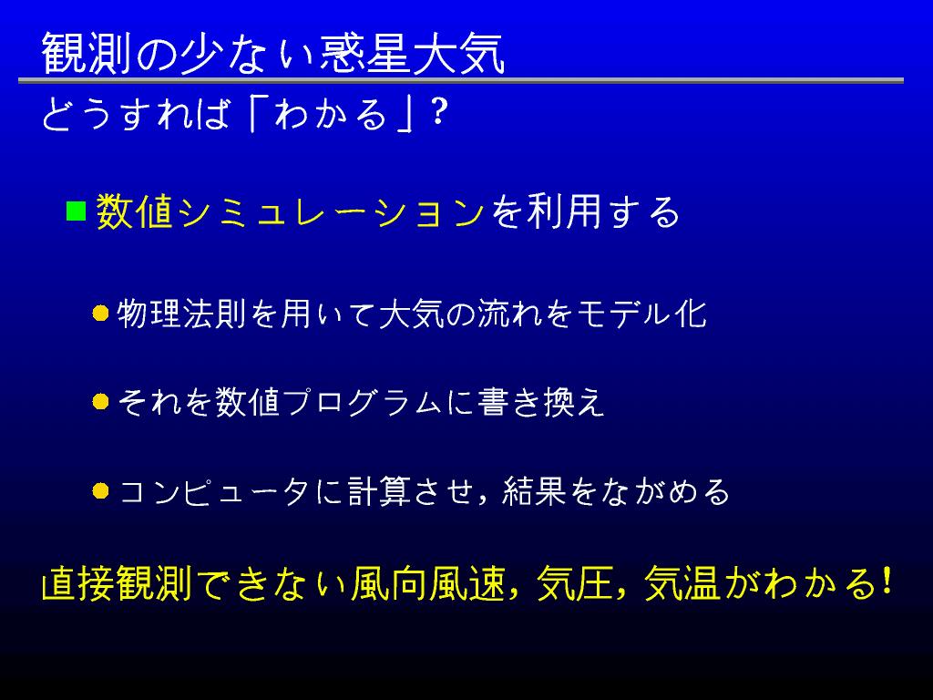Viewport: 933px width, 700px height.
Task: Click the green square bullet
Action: (77, 211)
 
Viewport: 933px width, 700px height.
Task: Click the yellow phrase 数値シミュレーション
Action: (291, 211)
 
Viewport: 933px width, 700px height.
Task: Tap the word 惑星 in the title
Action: (364, 54)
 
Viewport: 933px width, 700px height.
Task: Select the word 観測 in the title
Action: (87, 54)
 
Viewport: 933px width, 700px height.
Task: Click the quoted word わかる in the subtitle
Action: (331, 113)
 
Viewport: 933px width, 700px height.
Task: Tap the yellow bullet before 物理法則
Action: (100, 314)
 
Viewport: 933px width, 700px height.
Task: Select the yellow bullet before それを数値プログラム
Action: (100, 402)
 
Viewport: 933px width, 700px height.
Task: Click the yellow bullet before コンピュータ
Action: (100, 491)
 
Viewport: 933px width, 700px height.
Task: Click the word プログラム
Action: (363, 402)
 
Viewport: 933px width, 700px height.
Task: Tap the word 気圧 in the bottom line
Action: (574, 582)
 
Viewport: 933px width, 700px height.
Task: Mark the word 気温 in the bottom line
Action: (682, 582)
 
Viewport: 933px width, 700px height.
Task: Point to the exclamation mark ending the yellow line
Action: (886, 582)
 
